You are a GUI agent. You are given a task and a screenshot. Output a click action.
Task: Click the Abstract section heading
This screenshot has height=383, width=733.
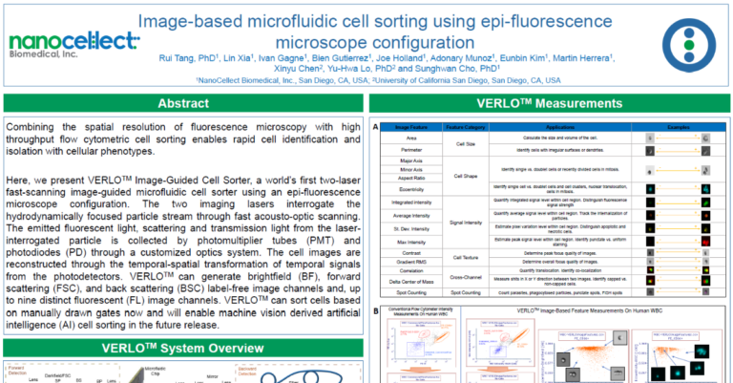point(183,104)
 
